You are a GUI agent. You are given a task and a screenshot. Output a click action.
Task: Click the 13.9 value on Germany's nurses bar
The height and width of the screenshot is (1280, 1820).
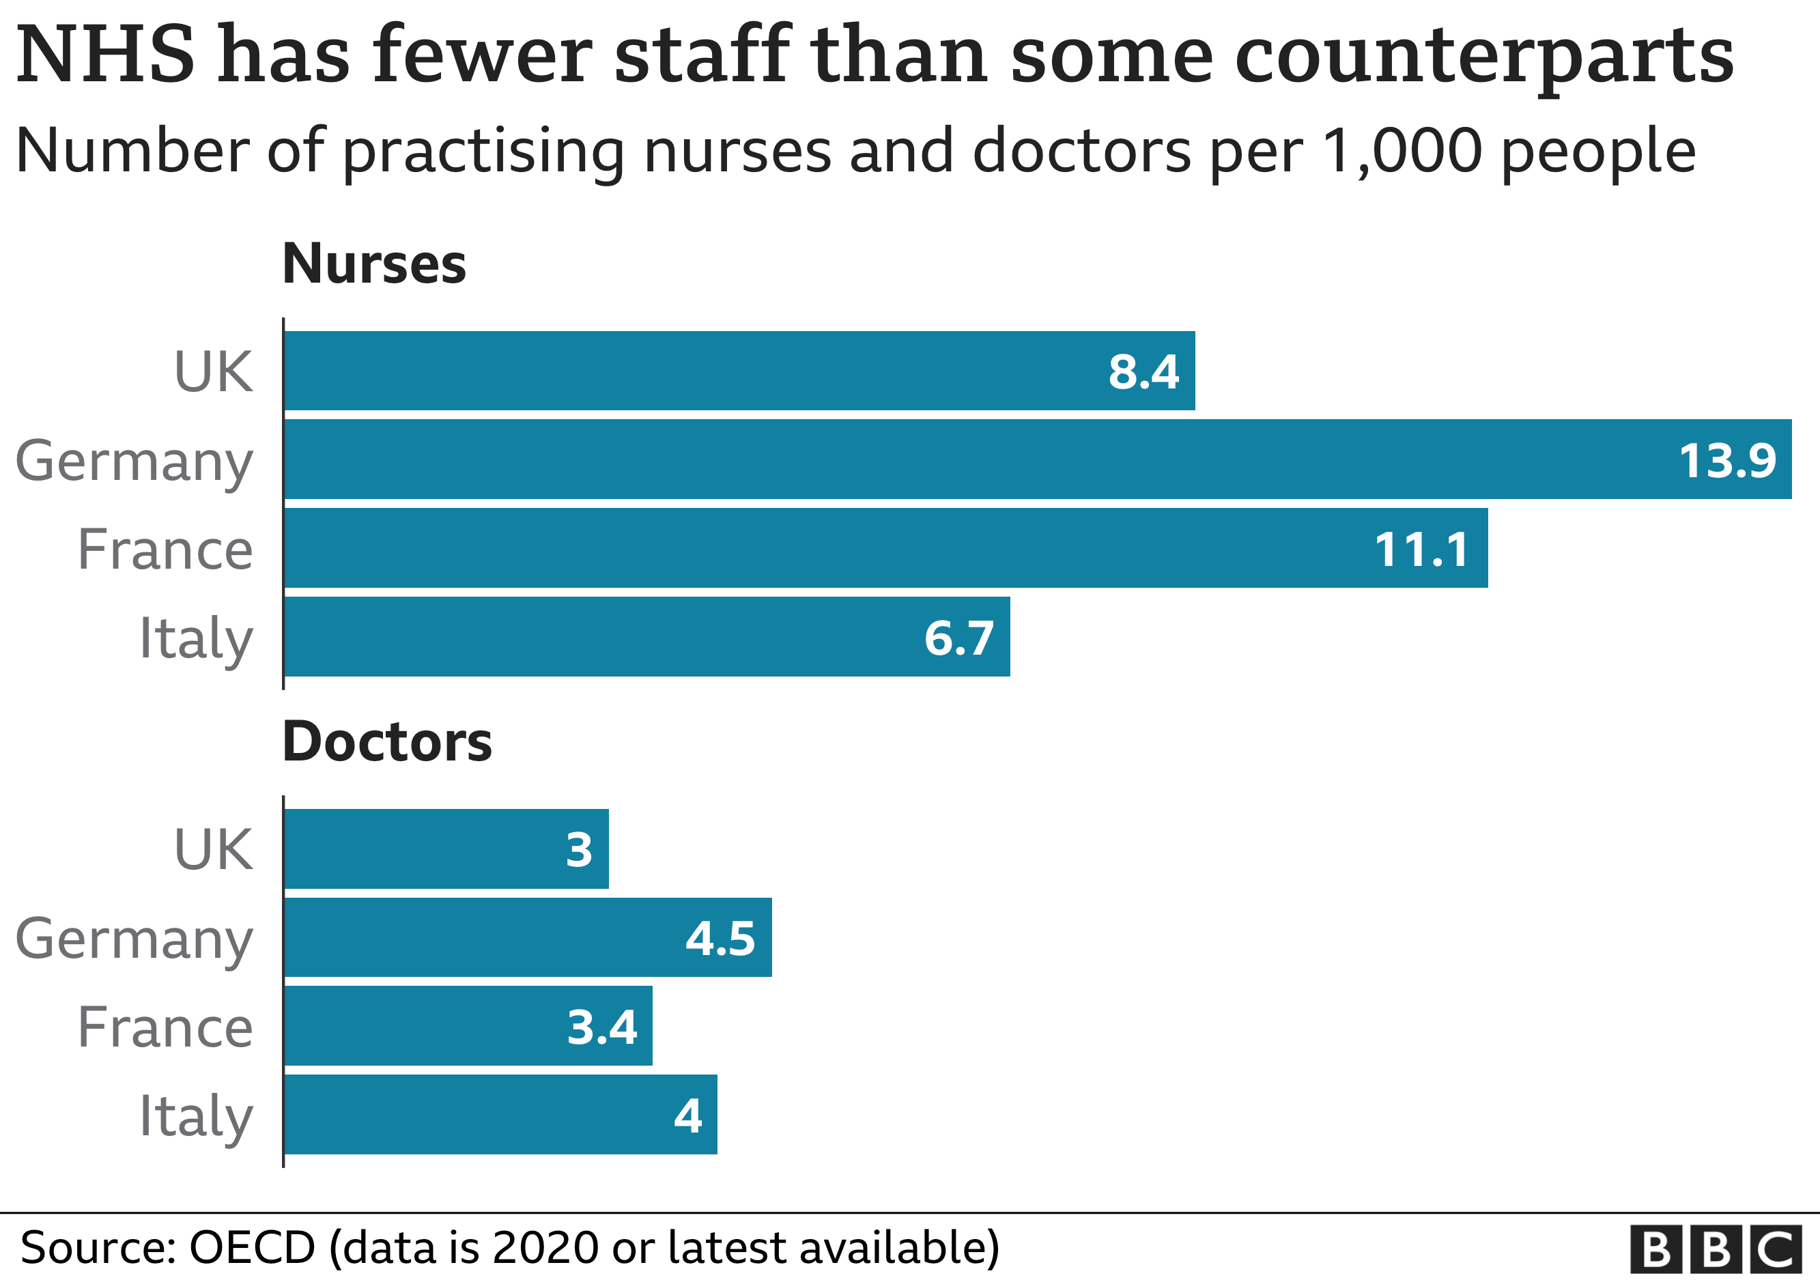click(x=1727, y=461)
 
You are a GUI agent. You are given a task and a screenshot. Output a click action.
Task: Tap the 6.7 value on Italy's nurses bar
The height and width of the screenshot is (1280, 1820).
click(x=958, y=638)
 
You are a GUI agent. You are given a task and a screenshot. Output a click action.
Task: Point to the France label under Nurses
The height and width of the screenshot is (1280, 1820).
click(x=165, y=550)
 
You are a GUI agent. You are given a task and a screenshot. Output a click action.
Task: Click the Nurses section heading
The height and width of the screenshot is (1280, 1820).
click(x=373, y=264)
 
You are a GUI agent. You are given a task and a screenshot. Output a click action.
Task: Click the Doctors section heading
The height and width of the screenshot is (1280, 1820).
click(x=387, y=743)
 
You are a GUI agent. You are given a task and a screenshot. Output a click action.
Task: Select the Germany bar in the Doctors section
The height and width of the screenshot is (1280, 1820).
click(x=527, y=937)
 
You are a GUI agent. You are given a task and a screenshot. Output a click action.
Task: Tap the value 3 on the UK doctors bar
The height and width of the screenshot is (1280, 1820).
click(x=579, y=850)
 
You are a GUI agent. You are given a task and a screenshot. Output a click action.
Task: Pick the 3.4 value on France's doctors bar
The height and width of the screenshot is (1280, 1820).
click(x=601, y=1027)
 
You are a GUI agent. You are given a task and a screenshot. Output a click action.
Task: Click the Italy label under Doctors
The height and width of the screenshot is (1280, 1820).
click(x=195, y=1117)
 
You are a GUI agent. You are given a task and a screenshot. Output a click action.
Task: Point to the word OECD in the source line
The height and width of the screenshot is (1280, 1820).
click(x=251, y=1247)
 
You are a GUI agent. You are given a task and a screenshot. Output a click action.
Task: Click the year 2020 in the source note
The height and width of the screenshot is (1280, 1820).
click(x=545, y=1247)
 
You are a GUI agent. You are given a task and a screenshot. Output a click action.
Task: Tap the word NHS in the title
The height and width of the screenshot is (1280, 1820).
click(x=104, y=55)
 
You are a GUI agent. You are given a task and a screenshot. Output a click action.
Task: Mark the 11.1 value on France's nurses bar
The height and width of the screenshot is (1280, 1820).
click(x=1421, y=550)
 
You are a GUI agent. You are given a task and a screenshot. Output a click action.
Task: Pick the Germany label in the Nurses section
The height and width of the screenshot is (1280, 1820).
click(x=134, y=462)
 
